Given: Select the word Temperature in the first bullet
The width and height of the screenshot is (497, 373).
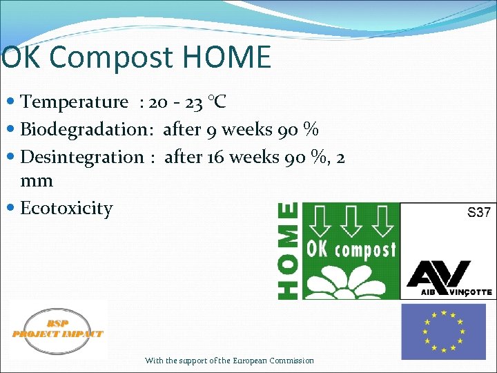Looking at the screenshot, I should pos(75,102).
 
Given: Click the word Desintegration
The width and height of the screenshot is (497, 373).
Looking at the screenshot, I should pos(82,157).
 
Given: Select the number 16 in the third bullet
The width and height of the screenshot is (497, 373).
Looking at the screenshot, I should pos(215,157).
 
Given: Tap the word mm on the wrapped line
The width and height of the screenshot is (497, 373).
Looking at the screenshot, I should pos(37,181).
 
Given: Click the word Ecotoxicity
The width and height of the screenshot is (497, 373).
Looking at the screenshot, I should pos(66,208).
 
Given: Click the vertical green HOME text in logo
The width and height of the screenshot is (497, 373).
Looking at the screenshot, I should pos(289,250).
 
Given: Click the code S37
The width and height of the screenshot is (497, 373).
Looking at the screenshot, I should pos(478,213).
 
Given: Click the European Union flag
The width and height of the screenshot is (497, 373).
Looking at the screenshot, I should pos(443,332).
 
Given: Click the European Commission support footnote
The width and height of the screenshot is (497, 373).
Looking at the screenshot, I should pos(229,361).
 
